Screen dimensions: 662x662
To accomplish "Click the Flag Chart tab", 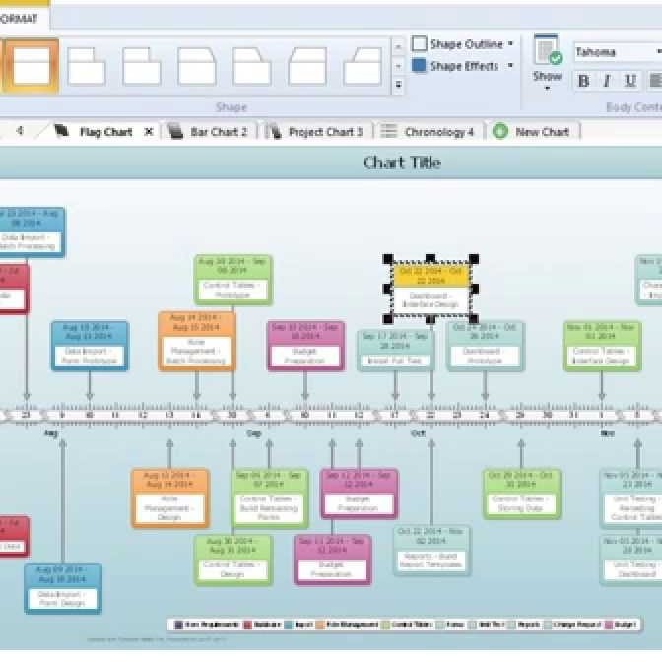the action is click(x=104, y=132).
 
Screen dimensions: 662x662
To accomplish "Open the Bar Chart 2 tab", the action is click(x=218, y=132).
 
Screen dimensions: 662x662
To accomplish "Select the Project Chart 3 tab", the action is click(x=324, y=132).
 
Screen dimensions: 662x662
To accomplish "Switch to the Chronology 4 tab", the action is click(x=438, y=132).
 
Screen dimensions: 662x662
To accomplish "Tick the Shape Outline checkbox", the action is click(x=420, y=44).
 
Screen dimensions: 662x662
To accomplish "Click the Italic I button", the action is click(x=606, y=81).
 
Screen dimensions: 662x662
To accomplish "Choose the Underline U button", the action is click(x=629, y=81).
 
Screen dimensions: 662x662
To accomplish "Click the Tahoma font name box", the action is click(x=616, y=52).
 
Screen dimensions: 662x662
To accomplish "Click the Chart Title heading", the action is click(x=402, y=163).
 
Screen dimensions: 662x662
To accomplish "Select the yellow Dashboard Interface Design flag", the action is click(x=430, y=289).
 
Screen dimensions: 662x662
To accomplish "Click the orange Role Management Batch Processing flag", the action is click(x=197, y=341).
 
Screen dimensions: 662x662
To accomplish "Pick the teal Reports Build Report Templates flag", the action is click(x=431, y=551).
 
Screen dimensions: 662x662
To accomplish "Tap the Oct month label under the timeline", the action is click(x=418, y=434).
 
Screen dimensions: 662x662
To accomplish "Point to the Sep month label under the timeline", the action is click(x=254, y=434).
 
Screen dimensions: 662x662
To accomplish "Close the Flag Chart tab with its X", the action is click(x=149, y=132).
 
